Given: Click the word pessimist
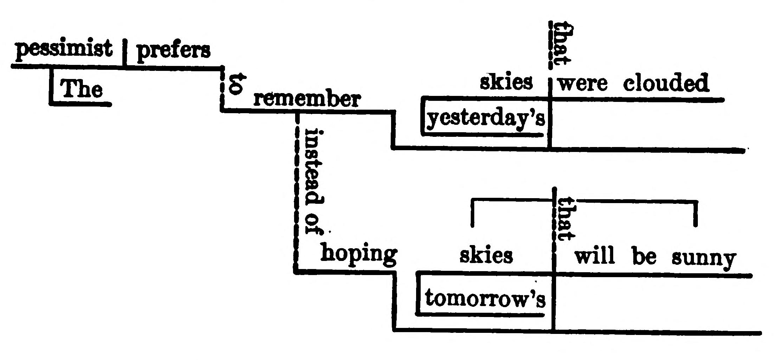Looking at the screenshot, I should click(64, 49).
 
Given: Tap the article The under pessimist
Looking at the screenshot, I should click(82, 89).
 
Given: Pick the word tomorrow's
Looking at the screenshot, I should click(485, 298).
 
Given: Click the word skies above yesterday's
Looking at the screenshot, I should click(506, 82).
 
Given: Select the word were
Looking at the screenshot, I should click(583, 84).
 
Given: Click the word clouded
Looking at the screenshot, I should click(666, 83).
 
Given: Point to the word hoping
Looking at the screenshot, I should click(359, 254).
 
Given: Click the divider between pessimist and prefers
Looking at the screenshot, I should click(124, 53).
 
